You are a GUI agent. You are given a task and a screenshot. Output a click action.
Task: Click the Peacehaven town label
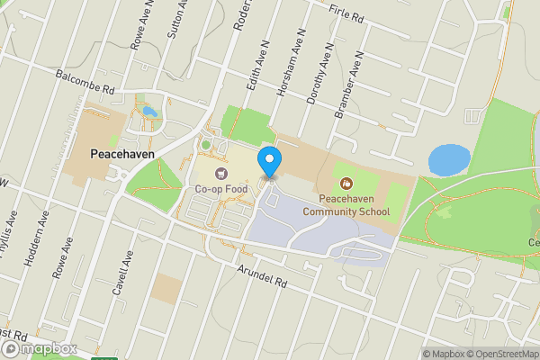click(123, 154)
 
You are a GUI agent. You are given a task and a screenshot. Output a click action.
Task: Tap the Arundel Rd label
click(262, 271)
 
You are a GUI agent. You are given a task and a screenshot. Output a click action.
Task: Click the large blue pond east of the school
click(449, 160)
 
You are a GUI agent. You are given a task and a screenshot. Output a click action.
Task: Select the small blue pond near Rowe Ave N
click(148, 112)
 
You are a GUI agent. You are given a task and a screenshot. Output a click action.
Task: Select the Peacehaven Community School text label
click(346, 206)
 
